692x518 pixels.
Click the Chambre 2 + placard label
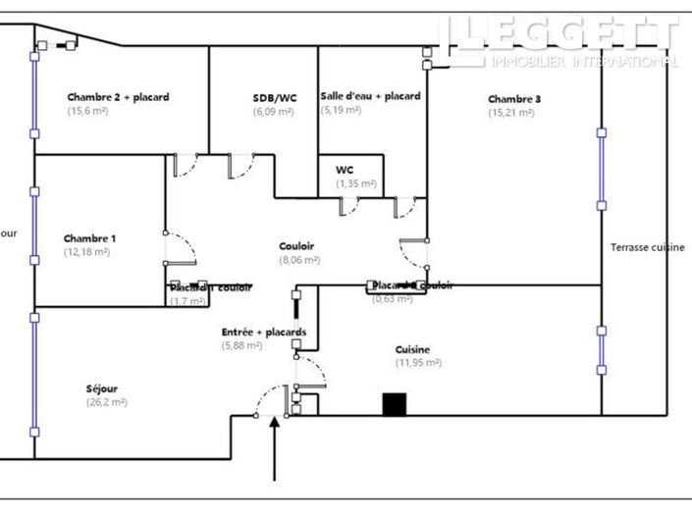(x=118, y=97)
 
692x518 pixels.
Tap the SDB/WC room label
(x=274, y=98)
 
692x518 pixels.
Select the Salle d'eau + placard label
(x=370, y=96)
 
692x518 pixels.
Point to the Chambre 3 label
(x=514, y=99)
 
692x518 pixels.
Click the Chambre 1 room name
(x=89, y=238)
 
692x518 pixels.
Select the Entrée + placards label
(x=263, y=332)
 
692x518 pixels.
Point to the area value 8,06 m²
(x=299, y=260)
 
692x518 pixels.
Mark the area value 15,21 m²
(x=511, y=113)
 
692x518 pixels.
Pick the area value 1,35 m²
(x=356, y=183)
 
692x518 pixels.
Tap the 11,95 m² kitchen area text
(x=418, y=363)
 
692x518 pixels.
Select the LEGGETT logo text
(x=559, y=33)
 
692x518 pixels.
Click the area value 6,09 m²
(x=274, y=112)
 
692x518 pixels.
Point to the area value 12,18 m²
(x=87, y=252)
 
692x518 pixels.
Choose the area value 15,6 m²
(x=87, y=111)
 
